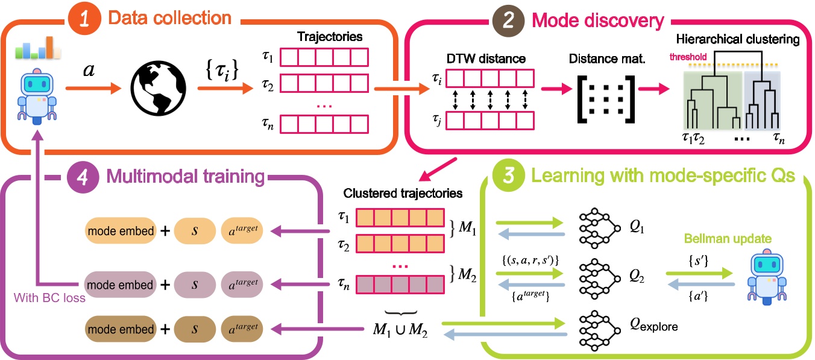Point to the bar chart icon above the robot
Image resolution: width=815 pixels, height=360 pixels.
pyautogui.click(x=38, y=48)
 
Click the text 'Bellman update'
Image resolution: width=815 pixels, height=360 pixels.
pyautogui.click(x=753, y=238)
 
